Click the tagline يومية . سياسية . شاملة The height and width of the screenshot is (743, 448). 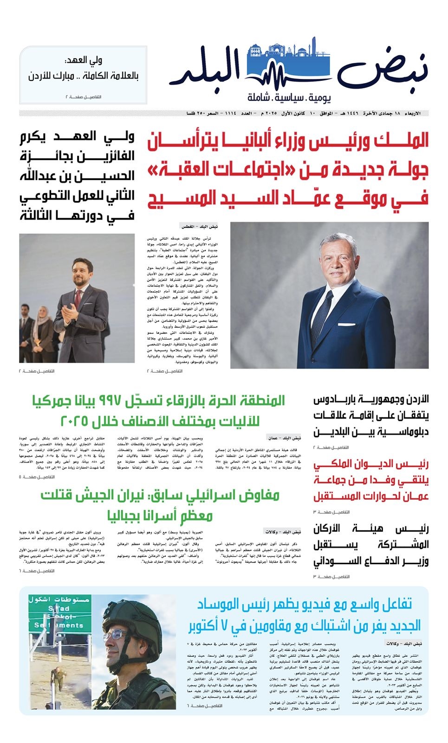pyautogui.click(x=289, y=97)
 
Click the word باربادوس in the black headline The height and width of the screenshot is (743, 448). pyautogui.click(x=338, y=400)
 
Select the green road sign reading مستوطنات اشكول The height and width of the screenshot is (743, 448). pyautogui.click(x=58, y=600)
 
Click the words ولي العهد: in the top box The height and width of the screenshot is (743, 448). pyautogui.click(x=84, y=60)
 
